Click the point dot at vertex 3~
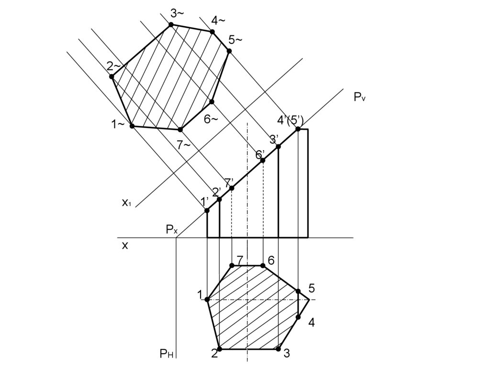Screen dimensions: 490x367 click(171, 24)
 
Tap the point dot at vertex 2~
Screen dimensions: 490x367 click(112, 77)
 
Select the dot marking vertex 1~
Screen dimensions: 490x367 click(132, 126)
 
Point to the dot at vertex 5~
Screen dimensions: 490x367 click(229, 51)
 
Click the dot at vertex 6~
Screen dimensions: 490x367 click(212, 101)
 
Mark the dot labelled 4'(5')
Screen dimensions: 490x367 click(298, 129)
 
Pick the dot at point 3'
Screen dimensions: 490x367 click(278, 146)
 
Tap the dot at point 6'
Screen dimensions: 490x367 click(263, 160)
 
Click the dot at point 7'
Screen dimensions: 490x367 click(232, 188)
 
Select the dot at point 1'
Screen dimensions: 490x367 click(207, 211)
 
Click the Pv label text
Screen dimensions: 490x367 click(359, 97)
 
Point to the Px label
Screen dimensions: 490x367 click(172, 230)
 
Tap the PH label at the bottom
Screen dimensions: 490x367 click(166, 354)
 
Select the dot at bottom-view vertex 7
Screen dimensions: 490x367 click(232, 266)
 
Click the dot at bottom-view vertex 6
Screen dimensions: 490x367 click(263, 266)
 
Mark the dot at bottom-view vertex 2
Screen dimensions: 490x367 click(220, 349)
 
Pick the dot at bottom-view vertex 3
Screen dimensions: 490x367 click(278, 349)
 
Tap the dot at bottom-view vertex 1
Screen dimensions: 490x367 click(207, 300)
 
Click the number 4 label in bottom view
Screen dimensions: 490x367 click(311, 323)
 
